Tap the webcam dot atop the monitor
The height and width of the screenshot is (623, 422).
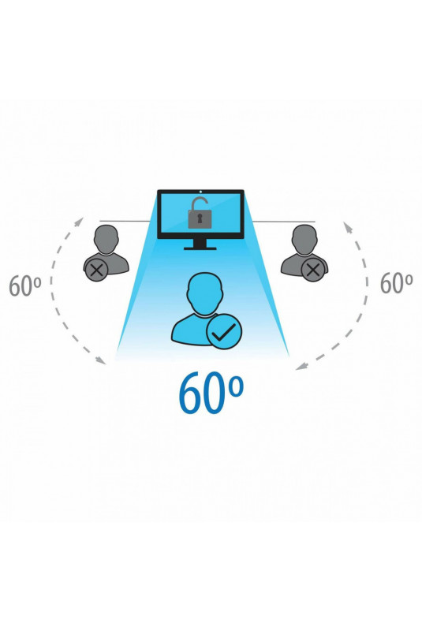click(x=201, y=192)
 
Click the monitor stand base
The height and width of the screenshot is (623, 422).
click(x=200, y=248)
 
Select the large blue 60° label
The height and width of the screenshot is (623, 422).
click(x=210, y=393)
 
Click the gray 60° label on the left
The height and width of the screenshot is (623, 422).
click(x=25, y=285)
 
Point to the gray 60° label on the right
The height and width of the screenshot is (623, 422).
click(x=396, y=282)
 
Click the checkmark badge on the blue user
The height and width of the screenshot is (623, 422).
click(x=224, y=331)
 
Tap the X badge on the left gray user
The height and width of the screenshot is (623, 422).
click(x=95, y=270)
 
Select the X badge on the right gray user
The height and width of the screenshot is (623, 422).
click(x=313, y=270)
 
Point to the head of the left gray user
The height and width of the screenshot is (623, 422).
click(x=106, y=239)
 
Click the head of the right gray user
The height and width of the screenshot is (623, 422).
click(x=304, y=239)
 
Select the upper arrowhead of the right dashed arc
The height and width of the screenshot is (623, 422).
click(x=348, y=227)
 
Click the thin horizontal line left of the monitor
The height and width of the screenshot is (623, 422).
click(x=125, y=221)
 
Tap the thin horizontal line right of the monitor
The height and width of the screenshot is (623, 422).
click(x=284, y=222)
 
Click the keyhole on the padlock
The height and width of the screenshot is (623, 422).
click(x=200, y=218)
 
